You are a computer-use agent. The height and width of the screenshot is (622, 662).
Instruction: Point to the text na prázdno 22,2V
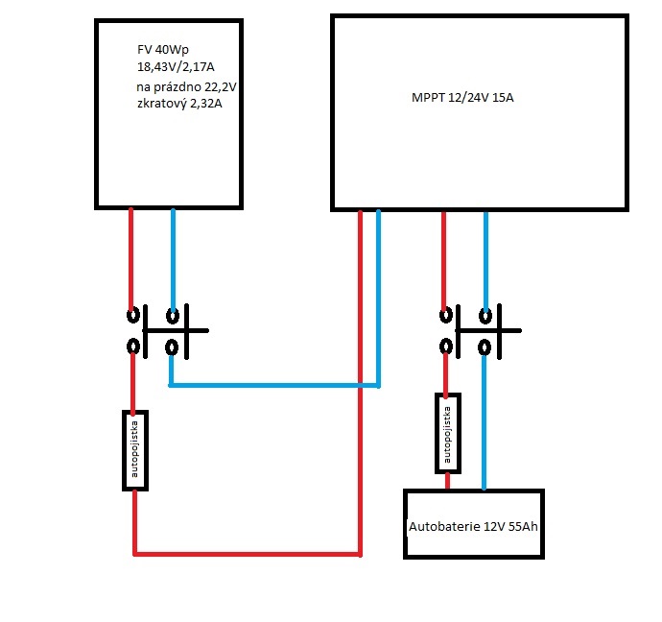(x=186, y=87)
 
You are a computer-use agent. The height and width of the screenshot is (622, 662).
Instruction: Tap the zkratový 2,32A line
(x=179, y=104)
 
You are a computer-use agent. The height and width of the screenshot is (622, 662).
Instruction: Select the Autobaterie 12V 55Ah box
(x=474, y=524)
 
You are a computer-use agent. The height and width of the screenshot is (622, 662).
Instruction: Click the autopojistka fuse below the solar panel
(x=136, y=451)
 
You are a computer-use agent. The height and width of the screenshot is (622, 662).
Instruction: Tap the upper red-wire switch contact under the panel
(x=132, y=315)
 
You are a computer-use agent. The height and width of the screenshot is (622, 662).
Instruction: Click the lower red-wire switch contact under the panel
(x=132, y=347)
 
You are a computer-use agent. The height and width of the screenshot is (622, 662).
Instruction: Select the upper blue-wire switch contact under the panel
(x=172, y=315)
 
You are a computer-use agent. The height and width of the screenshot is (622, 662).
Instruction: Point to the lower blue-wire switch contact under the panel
(x=172, y=347)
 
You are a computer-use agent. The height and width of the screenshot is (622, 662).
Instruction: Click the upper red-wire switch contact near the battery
(x=445, y=315)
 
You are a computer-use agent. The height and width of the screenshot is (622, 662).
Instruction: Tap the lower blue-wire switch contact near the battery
(x=485, y=347)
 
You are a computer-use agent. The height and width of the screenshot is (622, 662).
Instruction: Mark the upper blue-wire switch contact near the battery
(x=485, y=315)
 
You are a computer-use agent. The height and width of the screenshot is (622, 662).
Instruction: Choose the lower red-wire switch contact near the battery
(x=445, y=347)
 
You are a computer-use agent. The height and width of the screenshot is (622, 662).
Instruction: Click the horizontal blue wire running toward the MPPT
(x=273, y=386)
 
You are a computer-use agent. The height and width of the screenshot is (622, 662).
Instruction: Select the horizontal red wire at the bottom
(x=247, y=554)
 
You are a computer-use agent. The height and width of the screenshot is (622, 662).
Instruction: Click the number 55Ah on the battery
(x=518, y=527)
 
